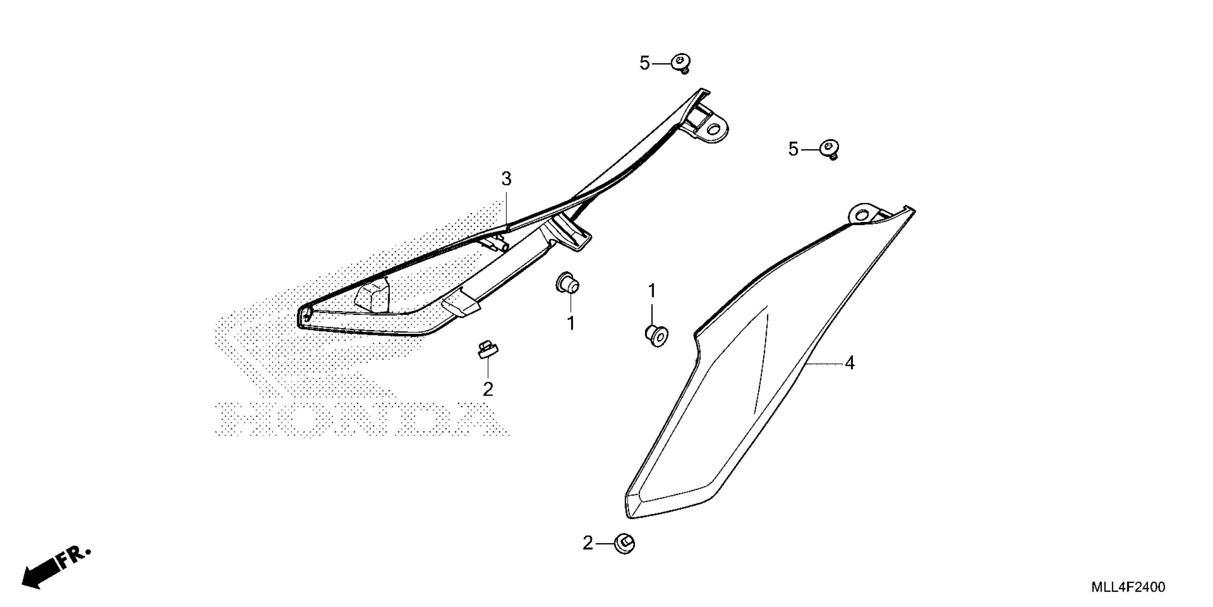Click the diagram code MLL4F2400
[1128, 587]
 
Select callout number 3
[506, 179]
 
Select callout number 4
[849, 363]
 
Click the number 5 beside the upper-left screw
[645, 63]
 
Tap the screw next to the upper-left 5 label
[681, 63]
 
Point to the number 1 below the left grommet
[571, 324]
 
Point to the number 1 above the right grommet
[652, 291]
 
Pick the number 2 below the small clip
[488, 389]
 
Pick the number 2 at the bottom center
[588, 543]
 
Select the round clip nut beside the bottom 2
[624, 544]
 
